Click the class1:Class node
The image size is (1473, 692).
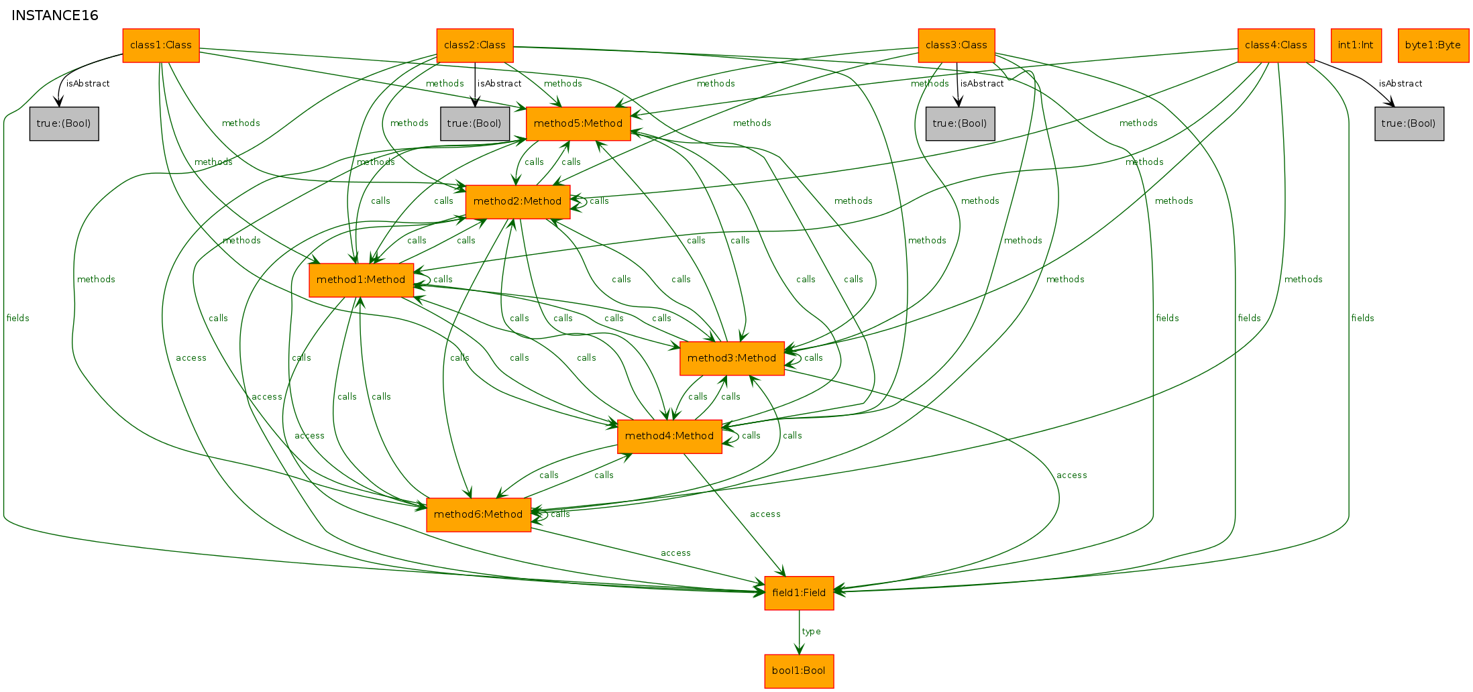[x=161, y=46]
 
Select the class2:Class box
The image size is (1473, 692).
[x=475, y=46]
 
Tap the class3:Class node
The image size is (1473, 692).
[x=957, y=46]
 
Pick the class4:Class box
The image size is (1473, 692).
[x=1276, y=46]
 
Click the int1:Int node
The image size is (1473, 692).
[x=1356, y=46]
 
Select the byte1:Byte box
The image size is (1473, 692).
[x=1433, y=46]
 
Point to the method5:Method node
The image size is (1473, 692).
[x=578, y=123]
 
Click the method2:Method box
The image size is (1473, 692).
[x=518, y=202]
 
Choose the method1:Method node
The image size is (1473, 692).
[x=361, y=280]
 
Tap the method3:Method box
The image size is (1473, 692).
[x=732, y=358]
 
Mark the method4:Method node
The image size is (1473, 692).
[x=669, y=437]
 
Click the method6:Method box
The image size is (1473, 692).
[x=478, y=515]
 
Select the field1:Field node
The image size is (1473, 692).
[x=799, y=593]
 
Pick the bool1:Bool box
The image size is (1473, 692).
[x=799, y=671]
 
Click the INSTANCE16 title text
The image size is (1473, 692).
[x=55, y=15]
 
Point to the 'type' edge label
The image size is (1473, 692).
[x=811, y=632]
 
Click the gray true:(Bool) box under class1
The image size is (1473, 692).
[x=64, y=123]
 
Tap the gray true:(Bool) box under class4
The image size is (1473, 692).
[x=1409, y=123]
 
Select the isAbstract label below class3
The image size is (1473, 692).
[x=982, y=84]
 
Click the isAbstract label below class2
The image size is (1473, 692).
[x=500, y=84]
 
